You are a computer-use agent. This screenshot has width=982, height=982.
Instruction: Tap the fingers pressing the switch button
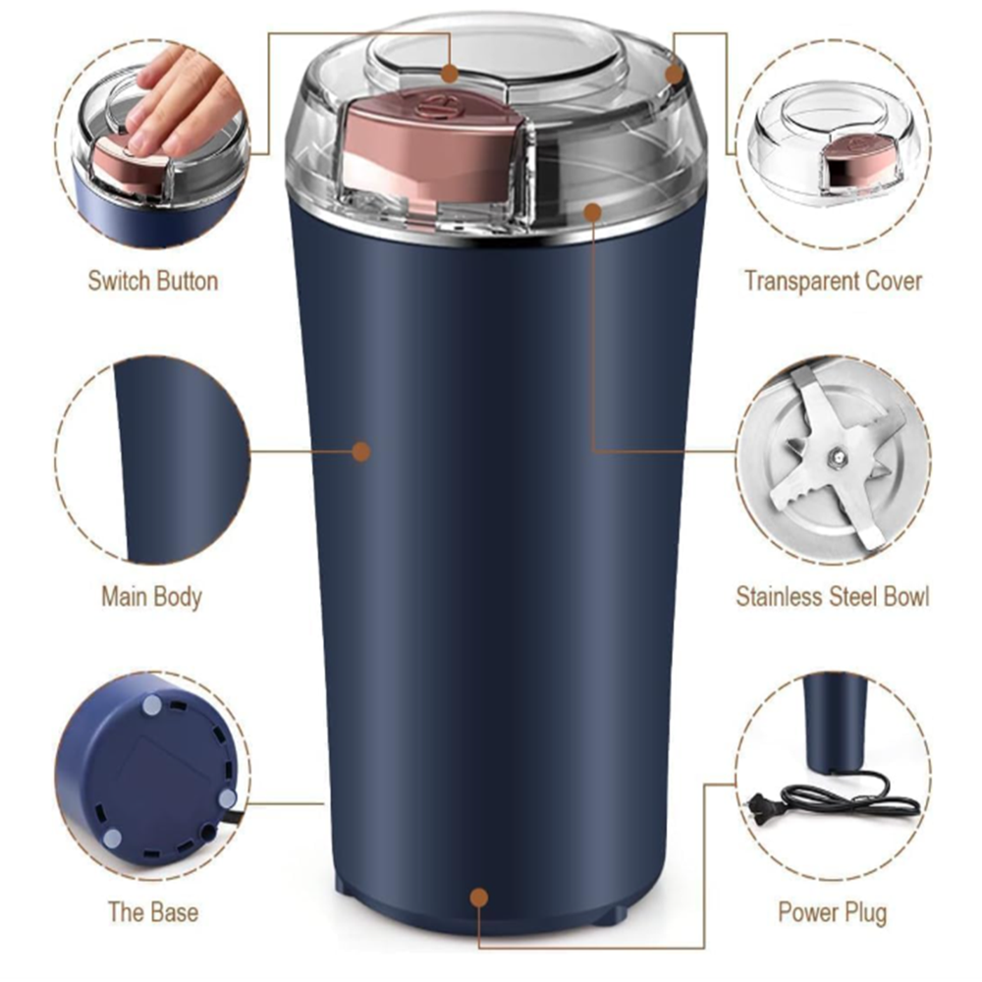point(182,98)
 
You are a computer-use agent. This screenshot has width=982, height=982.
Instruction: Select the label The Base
point(152,911)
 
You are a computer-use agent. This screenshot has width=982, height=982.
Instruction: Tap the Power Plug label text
point(832,911)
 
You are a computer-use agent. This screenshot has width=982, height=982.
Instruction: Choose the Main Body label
point(151,596)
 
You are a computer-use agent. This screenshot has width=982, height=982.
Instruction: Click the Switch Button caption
point(152,281)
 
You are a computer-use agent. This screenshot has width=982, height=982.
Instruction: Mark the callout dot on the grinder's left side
point(361,452)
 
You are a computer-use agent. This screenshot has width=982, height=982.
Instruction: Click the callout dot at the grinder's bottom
point(479,897)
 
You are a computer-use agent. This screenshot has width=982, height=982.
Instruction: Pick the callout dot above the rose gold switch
point(450,73)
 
